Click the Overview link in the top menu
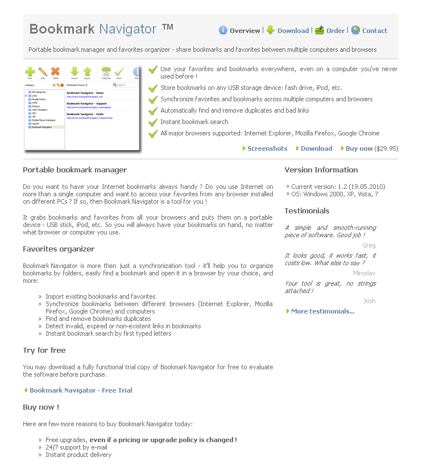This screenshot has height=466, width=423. [x=244, y=31]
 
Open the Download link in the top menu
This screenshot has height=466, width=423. [x=293, y=31]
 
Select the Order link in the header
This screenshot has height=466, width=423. [x=335, y=31]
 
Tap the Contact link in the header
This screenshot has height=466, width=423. [x=375, y=31]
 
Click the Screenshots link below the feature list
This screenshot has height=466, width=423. [x=267, y=149]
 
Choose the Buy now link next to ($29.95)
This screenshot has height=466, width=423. [x=359, y=149]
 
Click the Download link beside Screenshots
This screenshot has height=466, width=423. [x=317, y=149]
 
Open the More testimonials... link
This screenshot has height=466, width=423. [x=322, y=311]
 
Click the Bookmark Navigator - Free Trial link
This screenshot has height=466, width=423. [x=81, y=390]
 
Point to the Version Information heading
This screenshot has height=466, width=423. [x=321, y=170]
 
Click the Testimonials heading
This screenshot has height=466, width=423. [x=307, y=211]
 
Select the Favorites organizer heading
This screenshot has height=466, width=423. [x=59, y=249]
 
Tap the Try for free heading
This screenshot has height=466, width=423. [x=44, y=350]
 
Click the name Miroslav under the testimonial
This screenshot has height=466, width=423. [x=364, y=273]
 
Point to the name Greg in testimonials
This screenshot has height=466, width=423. [x=369, y=246]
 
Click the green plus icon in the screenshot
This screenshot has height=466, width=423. [x=30, y=72]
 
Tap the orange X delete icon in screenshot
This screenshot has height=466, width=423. [x=55, y=72]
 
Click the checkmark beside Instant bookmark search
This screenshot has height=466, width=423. [x=152, y=122]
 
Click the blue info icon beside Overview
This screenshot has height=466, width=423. [x=223, y=31]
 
